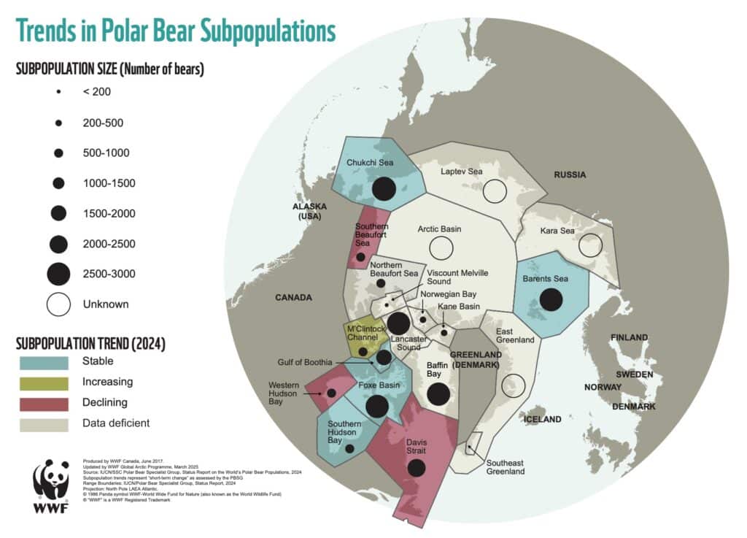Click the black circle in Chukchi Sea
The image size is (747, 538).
point(384,189)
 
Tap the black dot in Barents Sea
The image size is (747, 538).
point(551,299)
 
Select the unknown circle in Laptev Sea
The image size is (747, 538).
point(495,191)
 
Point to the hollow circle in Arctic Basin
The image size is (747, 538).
point(441,248)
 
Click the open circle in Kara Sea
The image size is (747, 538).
point(590,245)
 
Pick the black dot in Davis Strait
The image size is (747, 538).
point(416,467)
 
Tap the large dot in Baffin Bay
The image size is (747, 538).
point(438,393)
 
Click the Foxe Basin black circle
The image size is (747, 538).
point(377,405)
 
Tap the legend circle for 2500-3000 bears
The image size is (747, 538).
point(58,274)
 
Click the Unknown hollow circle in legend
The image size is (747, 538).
point(58,304)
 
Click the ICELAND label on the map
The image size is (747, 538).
point(542,419)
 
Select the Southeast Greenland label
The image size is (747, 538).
point(506,466)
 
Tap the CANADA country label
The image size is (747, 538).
point(293,298)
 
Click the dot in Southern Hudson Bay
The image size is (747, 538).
point(349,449)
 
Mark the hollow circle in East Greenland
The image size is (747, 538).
point(514,385)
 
